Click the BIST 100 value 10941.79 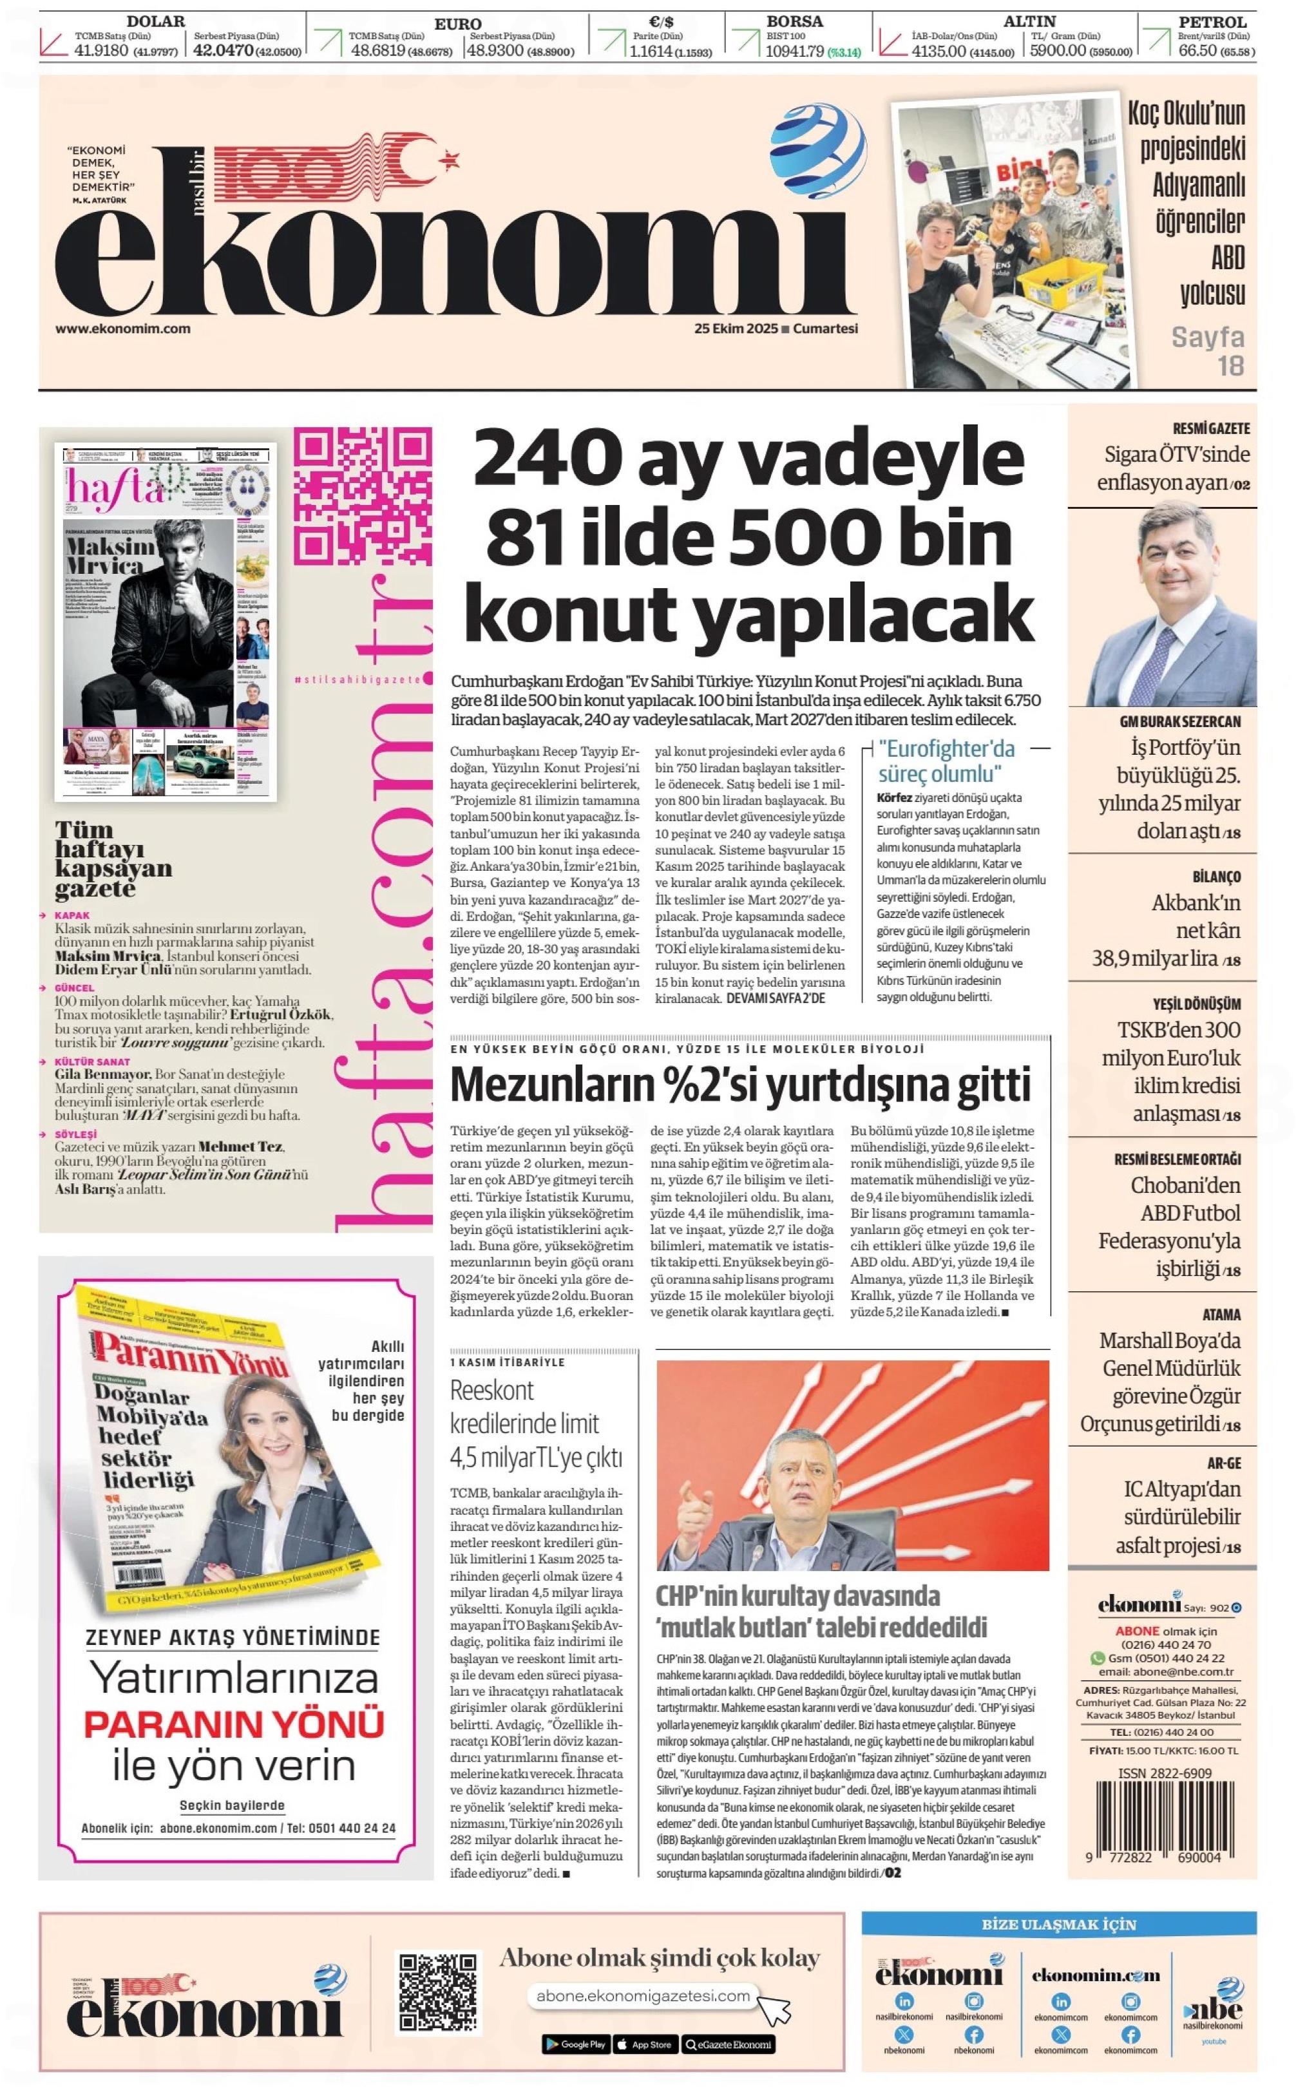pos(795,51)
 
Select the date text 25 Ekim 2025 pos(736,328)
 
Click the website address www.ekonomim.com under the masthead pos(122,328)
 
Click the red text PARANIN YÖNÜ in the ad pos(234,1724)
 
